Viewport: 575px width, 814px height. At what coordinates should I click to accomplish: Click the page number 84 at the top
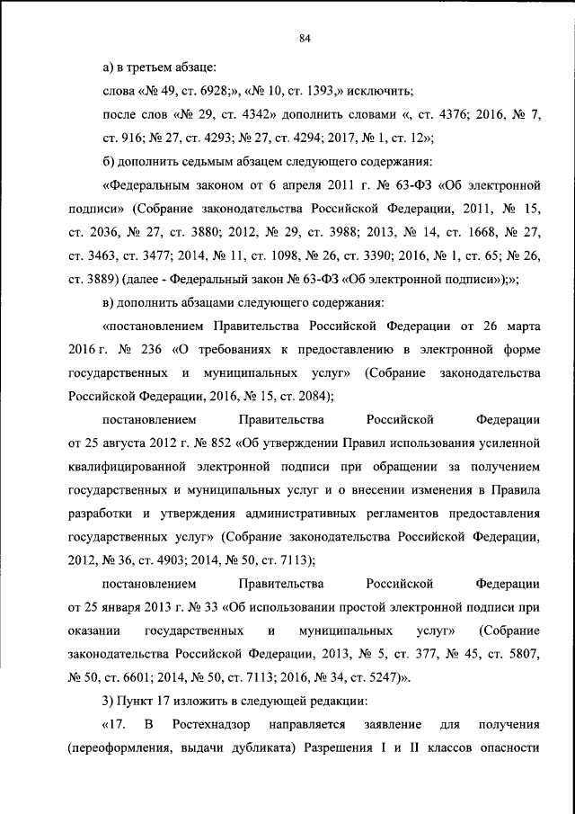[305, 38]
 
